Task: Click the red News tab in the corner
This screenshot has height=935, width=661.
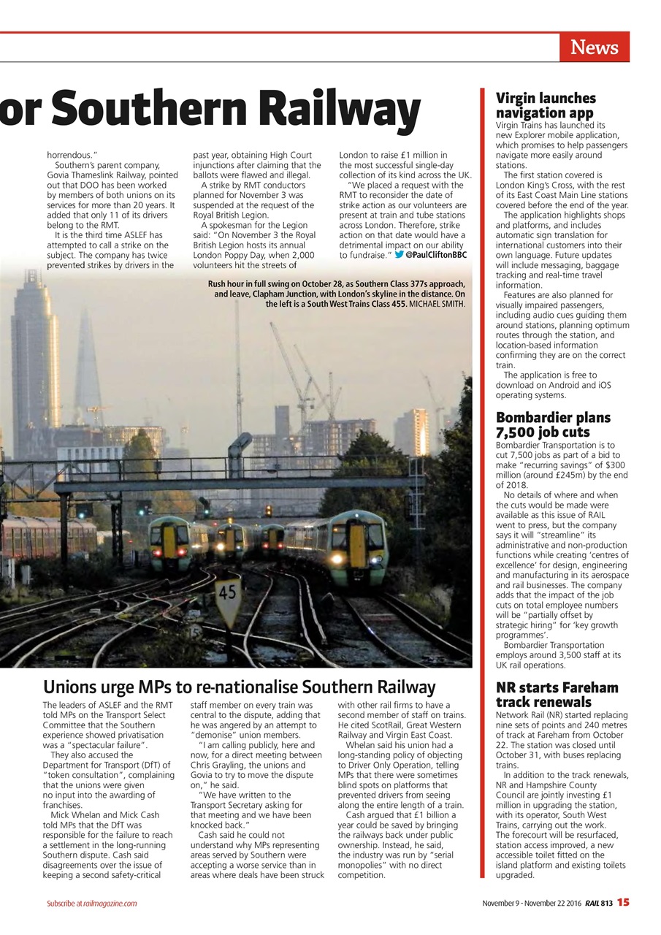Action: pos(594,47)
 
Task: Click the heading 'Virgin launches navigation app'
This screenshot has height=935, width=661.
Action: pos(546,105)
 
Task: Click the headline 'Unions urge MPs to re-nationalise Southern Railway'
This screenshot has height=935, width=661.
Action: pos(239,687)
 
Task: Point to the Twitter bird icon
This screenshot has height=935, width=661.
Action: pos(399,255)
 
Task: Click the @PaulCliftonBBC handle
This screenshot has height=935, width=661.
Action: pos(436,255)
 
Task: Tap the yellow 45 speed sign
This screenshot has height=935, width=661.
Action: pos(228,592)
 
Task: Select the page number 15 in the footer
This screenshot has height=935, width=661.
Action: pos(622,902)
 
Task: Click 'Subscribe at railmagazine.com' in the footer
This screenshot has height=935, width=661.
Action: pos(92,904)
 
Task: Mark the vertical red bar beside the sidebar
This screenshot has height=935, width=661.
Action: pos(482,482)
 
